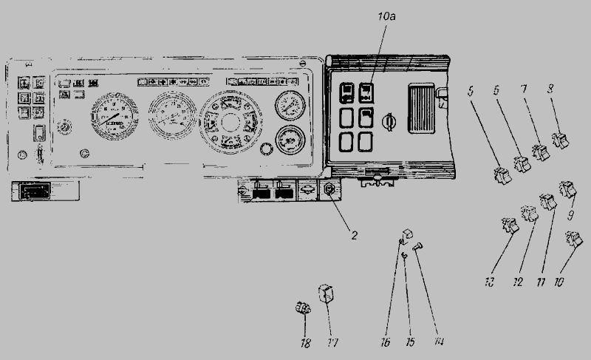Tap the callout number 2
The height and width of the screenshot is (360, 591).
click(x=354, y=236)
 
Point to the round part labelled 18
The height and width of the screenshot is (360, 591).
click(x=302, y=308)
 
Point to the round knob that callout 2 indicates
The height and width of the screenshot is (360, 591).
click(x=328, y=191)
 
